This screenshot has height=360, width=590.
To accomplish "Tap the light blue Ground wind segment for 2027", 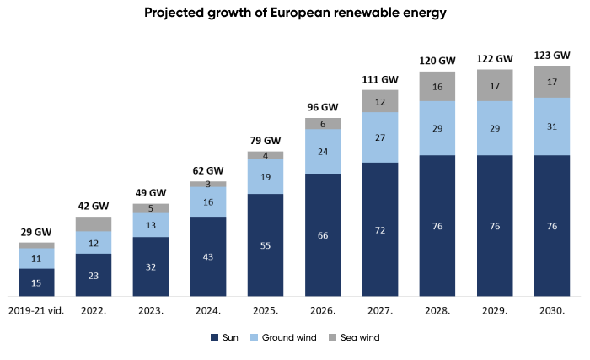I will coord(380,137).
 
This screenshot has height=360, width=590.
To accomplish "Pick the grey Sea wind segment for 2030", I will coord(552,82).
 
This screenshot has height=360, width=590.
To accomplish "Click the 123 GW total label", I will coord(552,56).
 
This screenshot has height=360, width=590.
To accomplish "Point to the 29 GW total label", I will coord(36,232).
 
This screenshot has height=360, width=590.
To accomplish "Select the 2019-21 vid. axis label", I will coord(36,311).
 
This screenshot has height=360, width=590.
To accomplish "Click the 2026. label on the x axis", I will coord(323,311).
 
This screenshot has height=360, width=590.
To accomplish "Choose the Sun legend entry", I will coord(224,338).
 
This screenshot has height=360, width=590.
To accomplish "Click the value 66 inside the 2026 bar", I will coord(323,234).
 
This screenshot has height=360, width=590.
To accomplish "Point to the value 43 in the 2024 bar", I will coord(208,256).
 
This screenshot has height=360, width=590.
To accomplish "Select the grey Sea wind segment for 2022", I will coord(94,223).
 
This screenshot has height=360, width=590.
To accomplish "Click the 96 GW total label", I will coord(323,107).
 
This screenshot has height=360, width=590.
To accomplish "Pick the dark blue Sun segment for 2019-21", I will coord(36,282).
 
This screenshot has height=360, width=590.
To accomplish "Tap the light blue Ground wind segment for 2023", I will coord(151,225).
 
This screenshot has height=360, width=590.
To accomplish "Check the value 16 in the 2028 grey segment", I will coord(437,87).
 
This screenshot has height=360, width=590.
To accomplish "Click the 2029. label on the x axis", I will coord(495,311).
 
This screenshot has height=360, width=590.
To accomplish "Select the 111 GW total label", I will coord(380,79).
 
